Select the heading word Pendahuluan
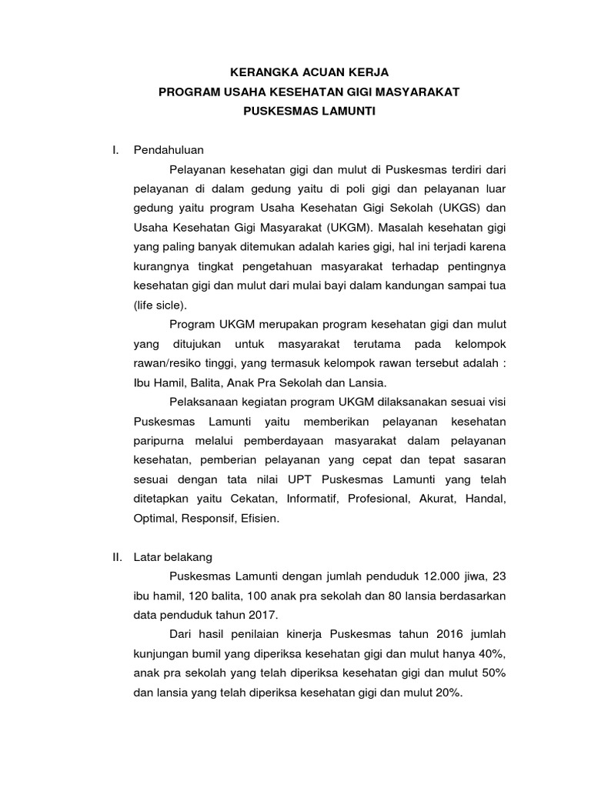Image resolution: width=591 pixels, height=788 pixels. (x=169, y=150)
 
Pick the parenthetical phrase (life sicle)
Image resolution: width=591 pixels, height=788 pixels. (x=159, y=304)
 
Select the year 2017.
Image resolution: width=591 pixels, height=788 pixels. (x=262, y=614)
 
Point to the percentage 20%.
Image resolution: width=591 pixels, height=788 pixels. (x=446, y=692)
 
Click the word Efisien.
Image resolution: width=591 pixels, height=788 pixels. (x=261, y=518)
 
